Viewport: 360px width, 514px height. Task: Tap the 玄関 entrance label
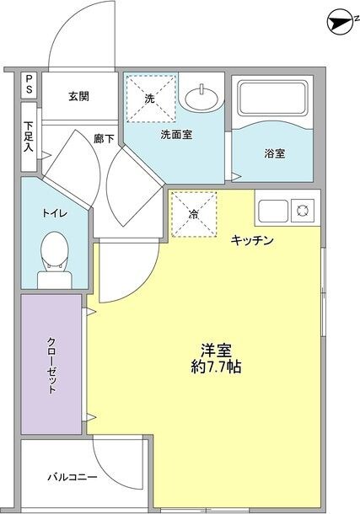[x=80, y=95]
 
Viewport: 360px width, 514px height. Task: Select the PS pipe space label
[x=29, y=84]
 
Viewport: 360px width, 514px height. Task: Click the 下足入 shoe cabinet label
[x=29, y=134]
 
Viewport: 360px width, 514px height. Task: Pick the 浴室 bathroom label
[x=275, y=153]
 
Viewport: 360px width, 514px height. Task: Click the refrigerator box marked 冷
[x=193, y=214]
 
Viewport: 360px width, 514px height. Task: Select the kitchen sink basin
[x=272, y=211]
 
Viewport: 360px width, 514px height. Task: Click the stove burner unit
[x=301, y=211]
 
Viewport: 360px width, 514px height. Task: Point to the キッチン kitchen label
[x=252, y=241]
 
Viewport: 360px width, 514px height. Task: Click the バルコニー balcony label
[x=68, y=478]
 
